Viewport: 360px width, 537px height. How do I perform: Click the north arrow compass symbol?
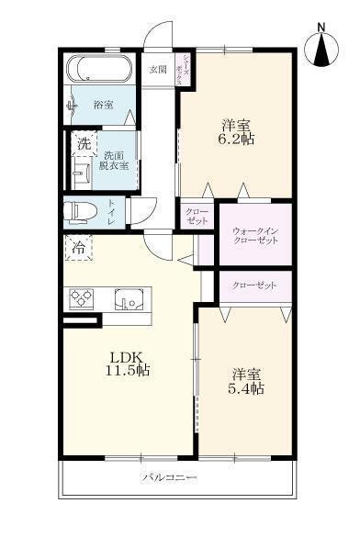pyautogui.click(x=321, y=47)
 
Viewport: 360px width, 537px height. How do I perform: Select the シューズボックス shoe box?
pyautogui.click(x=185, y=71)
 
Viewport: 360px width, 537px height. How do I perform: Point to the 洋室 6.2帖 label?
pyautogui.click(x=236, y=132)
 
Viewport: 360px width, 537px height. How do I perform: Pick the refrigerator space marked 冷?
pyautogui.click(x=77, y=248)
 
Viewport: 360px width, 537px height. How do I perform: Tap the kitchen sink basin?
pyautogui.click(x=129, y=299)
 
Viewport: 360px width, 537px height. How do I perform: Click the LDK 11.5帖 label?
pyautogui.click(x=128, y=364)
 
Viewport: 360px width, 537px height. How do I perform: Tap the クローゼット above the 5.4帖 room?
pyautogui.click(x=254, y=285)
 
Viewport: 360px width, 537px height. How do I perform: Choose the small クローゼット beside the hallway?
pyautogui.click(x=197, y=218)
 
